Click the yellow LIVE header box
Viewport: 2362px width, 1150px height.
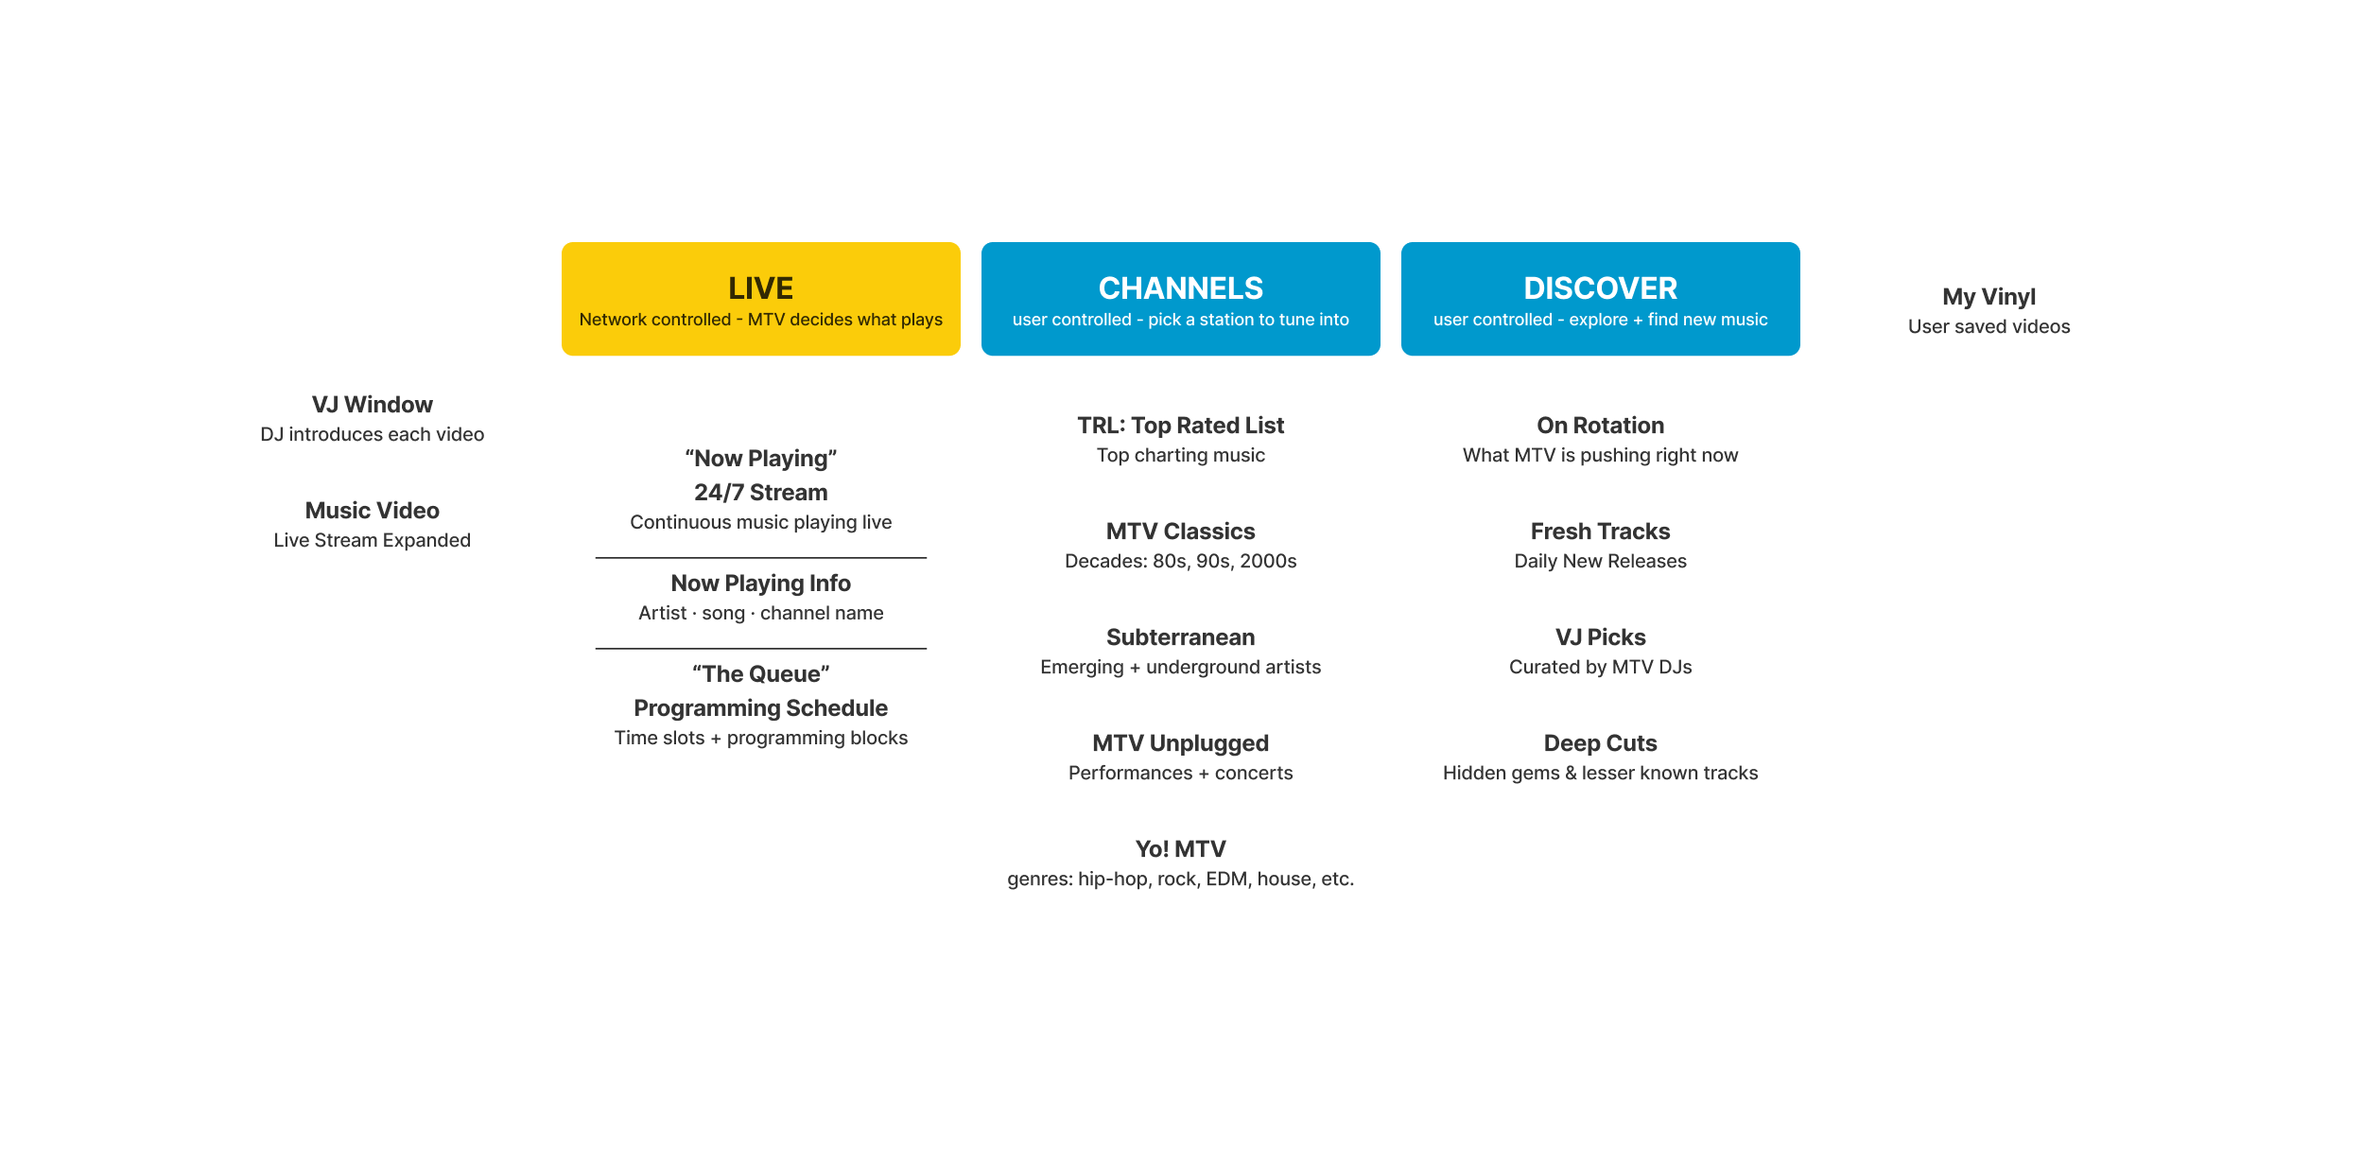[760, 299]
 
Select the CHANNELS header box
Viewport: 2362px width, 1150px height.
[1180, 299]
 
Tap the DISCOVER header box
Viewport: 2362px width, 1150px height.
[1600, 299]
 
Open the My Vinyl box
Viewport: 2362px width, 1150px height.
[1989, 310]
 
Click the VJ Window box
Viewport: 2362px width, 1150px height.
[372, 418]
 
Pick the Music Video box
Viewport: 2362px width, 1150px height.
[372, 524]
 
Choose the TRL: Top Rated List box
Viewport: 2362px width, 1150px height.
[1180, 439]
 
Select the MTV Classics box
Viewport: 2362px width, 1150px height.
[1180, 545]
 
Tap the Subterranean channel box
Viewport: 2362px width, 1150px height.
[1180, 651]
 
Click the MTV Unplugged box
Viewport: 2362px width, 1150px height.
[1180, 757]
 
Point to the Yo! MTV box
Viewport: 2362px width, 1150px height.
[1180, 862]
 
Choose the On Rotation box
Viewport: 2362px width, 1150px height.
[1600, 439]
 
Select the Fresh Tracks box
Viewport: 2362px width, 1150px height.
[1600, 545]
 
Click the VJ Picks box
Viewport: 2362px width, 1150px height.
[1600, 651]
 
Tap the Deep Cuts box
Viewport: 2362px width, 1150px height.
[1600, 757]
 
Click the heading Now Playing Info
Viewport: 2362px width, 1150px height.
[760, 584]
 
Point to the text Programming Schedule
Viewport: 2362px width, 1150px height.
[760, 708]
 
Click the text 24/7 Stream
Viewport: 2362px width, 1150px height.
[760, 493]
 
